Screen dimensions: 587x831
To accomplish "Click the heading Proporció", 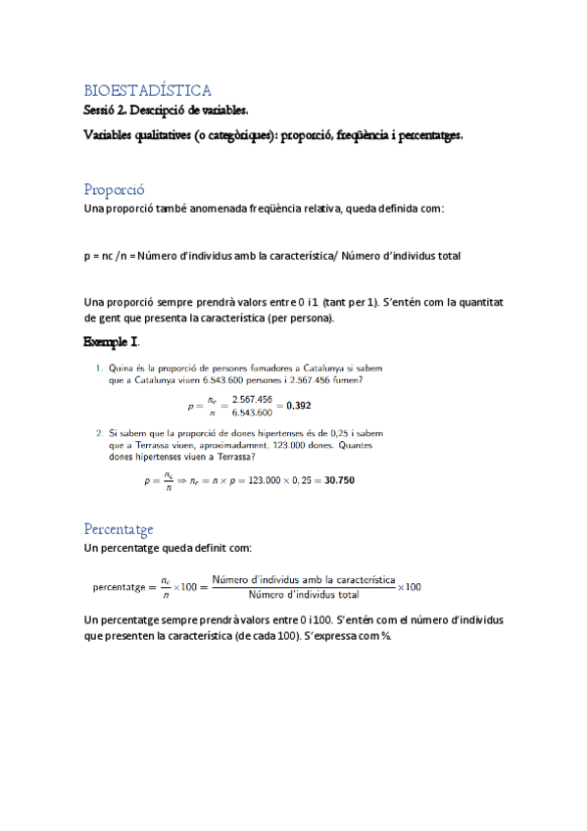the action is coord(115,189).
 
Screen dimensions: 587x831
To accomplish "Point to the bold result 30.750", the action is coord(338,481).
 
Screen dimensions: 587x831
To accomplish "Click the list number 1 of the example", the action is coord(99,368).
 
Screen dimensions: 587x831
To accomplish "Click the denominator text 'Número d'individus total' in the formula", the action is coord(304,594).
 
